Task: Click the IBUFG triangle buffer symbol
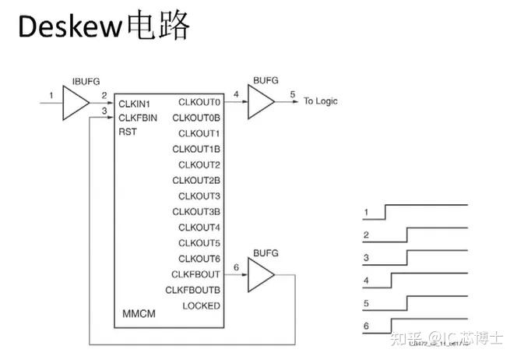click(76, 102)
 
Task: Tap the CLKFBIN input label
click(139, 118)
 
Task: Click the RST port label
click(128, 132)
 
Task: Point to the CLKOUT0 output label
click(199, 102)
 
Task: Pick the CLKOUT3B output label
click(196, 211)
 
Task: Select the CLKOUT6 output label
click(199, 258)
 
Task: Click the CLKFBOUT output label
click(196, 274)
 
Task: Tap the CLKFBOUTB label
click(193, 290)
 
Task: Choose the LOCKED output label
click(201, 305)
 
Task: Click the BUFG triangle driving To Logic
click(260, 102)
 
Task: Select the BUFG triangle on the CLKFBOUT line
click(260, 274)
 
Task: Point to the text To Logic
click(321, 101)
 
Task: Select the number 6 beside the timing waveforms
click(365, 326)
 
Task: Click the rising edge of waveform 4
click(392, 280)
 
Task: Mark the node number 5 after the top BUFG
click(293, 95)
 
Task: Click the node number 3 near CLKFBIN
click(104, 111)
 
